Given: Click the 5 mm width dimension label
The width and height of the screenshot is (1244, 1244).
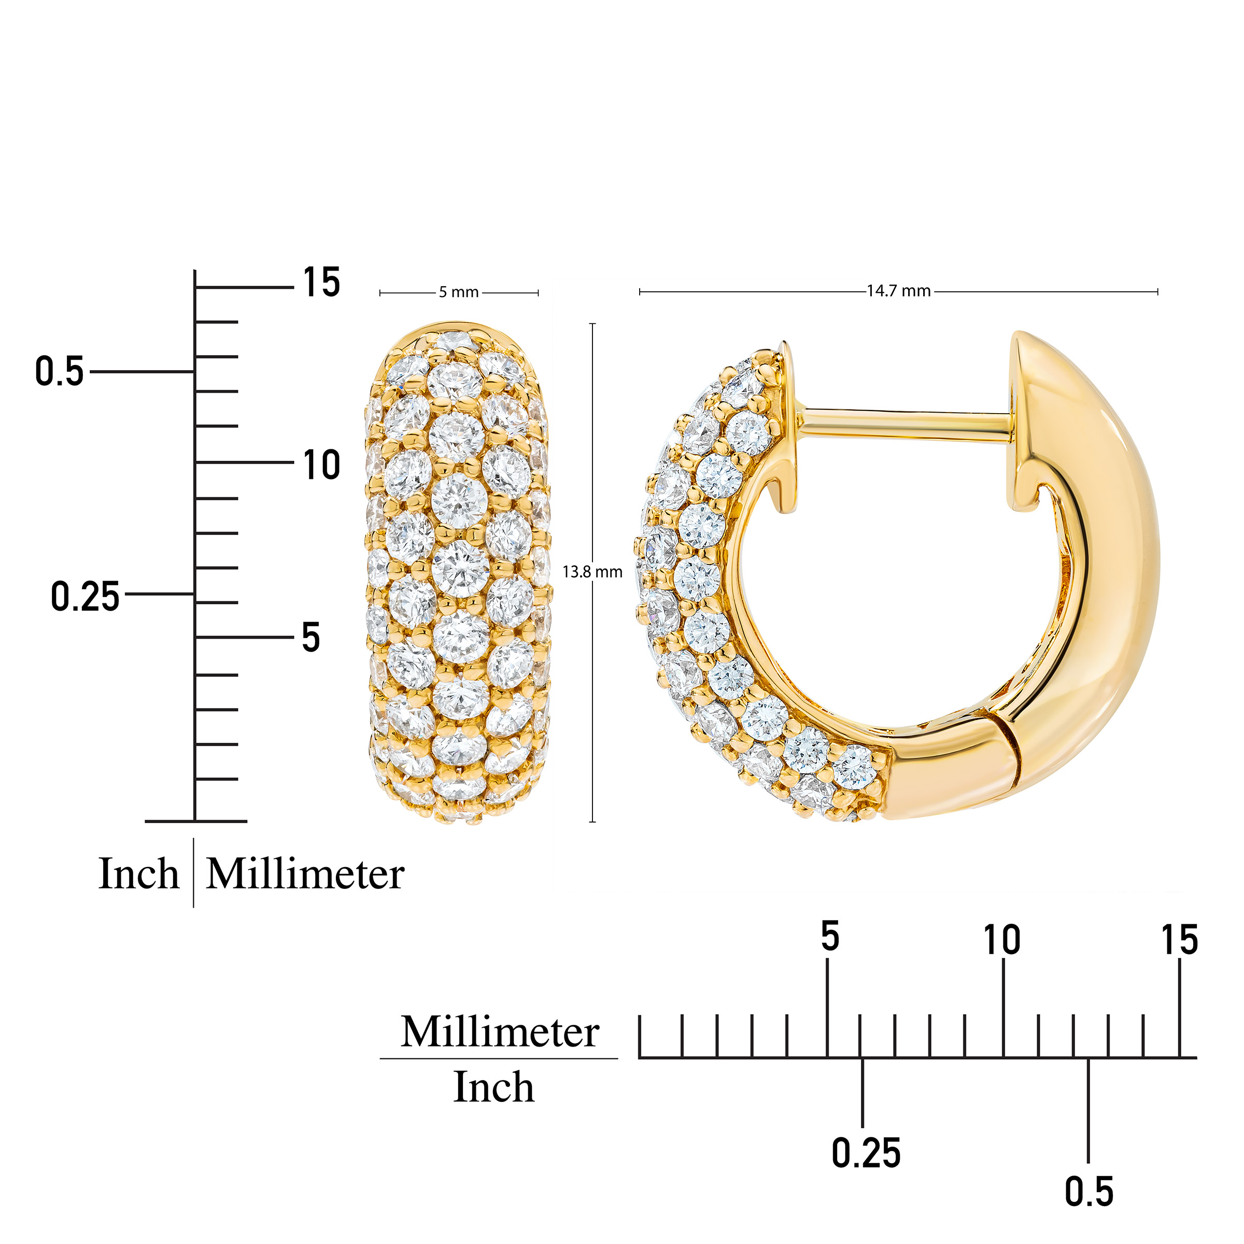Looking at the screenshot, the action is point(458,292).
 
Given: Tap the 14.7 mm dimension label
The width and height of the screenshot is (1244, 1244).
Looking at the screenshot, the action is point(898,291).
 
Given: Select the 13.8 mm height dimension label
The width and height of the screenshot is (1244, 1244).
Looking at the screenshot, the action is point(592,572).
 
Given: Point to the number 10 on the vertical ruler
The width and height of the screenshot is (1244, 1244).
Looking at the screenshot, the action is point(321,465).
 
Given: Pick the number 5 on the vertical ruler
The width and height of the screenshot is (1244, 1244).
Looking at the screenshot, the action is point(311,638).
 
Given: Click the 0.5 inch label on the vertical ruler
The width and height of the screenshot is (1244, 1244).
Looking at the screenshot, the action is point(59,372).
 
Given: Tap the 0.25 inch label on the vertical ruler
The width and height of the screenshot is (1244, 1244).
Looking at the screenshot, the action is point(85,596).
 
